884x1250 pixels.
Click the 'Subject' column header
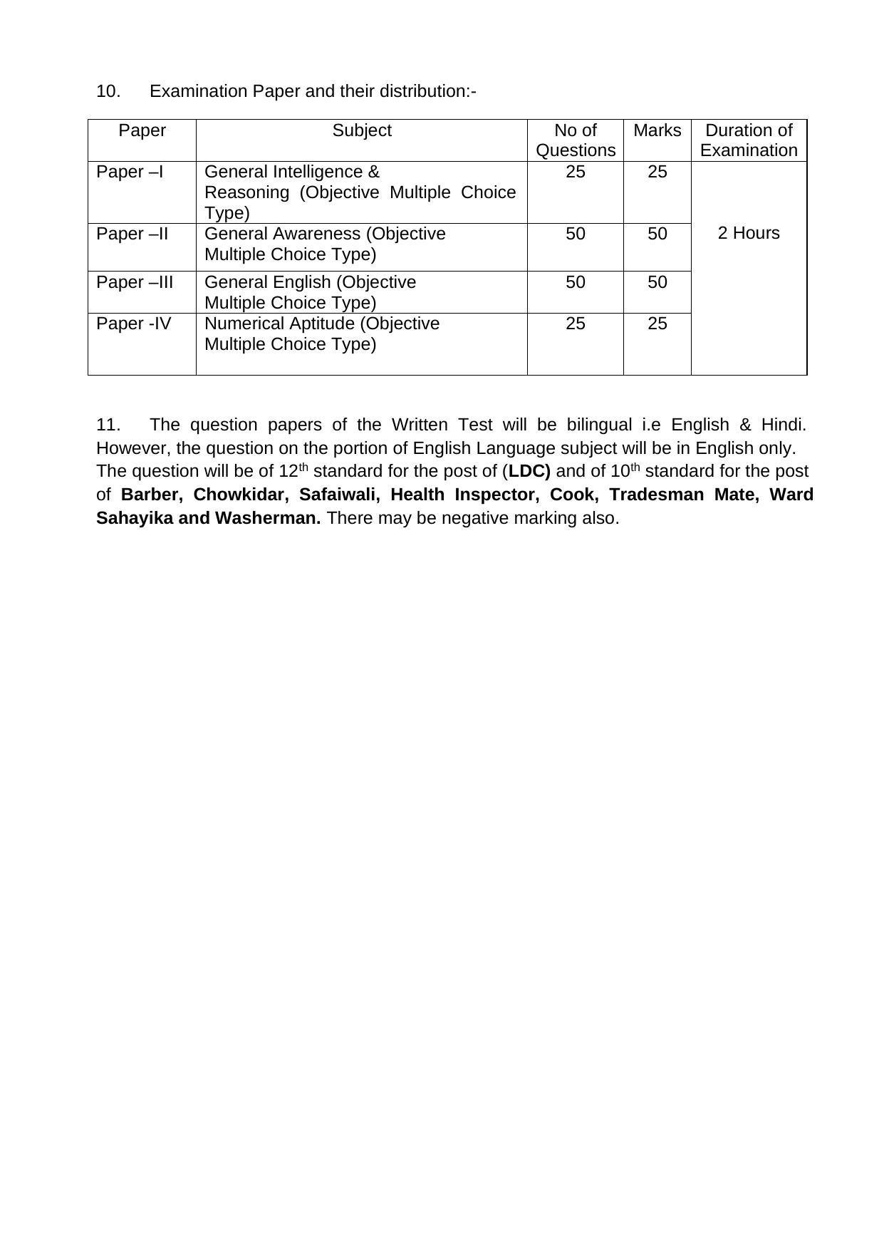click(361, 131)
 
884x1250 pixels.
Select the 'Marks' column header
click(657, 131)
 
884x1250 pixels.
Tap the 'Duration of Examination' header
click(749, 140)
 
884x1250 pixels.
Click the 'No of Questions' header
click(575, 140)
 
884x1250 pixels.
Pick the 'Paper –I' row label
click(130, 172)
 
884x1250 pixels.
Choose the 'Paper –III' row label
click(135, 283)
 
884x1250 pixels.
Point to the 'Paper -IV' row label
click(134, 324)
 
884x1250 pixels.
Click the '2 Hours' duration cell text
click(749, 234)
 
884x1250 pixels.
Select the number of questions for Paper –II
click(575, 234)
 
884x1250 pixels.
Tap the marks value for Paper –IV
click(657, 324)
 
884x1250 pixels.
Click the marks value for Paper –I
click(657, 172)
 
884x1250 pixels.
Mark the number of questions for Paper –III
click(575, 283)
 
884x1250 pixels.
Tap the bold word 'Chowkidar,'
click(240, 495)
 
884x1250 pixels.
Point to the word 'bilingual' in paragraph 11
click(598, 425)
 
